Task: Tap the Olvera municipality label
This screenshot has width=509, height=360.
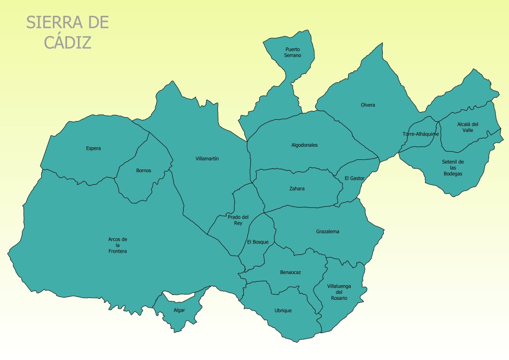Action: click(368, 105)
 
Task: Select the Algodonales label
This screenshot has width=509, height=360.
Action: click(304, 145)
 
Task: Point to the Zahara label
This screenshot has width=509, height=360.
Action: click(297, 189)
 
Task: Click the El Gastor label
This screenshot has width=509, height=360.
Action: click(354, 178)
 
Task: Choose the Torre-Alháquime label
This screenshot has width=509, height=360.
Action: click(420, 134)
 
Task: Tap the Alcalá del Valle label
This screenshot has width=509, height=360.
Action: click(467, 127)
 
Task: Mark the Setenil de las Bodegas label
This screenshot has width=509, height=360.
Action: click(453, 168)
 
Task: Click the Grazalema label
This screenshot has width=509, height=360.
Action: click(327, 232)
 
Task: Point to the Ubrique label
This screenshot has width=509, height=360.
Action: click(283, 311)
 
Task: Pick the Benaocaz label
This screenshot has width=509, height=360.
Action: click(290, 272)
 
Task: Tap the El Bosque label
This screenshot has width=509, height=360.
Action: click(258, 242)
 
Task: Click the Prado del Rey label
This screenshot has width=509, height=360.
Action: click(238, 220)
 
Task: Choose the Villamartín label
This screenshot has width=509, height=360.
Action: click(207, 159)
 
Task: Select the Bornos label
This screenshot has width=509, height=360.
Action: click(144, 171)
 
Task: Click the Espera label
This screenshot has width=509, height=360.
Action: click(94, 149)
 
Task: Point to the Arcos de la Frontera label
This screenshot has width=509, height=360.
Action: click(118, 245)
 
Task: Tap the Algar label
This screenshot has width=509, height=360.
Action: click(179, 310)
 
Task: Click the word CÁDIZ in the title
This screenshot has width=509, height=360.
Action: click(68, 42)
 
